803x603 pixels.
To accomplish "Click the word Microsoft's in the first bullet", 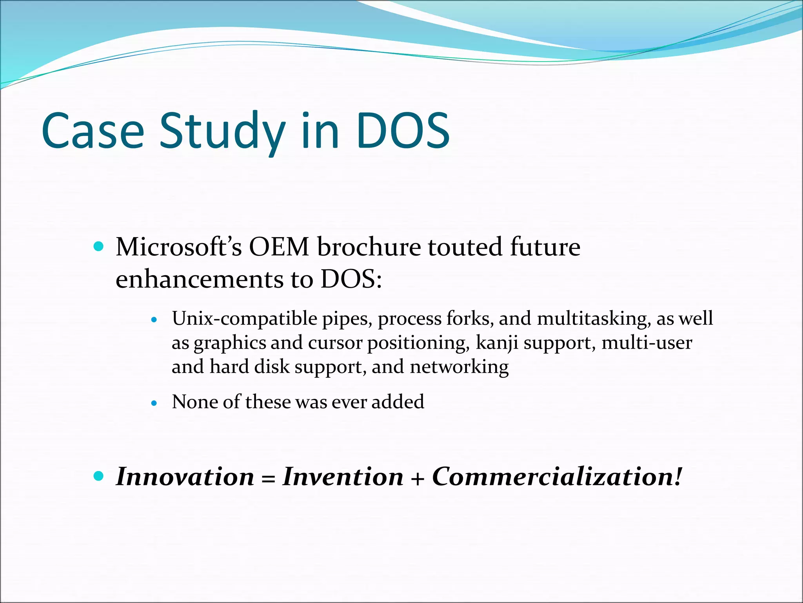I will (x=178, y=247).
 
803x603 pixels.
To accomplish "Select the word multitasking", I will (x=592, y=318).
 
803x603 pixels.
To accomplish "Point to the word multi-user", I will (x=647, y=343).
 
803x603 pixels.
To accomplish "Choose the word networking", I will (x=459, y=367).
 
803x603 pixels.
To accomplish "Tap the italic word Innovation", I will (x=185, y=477).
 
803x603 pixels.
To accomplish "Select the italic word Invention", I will (x=343, y=477).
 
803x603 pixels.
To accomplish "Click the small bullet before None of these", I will (x=154, y=403).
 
